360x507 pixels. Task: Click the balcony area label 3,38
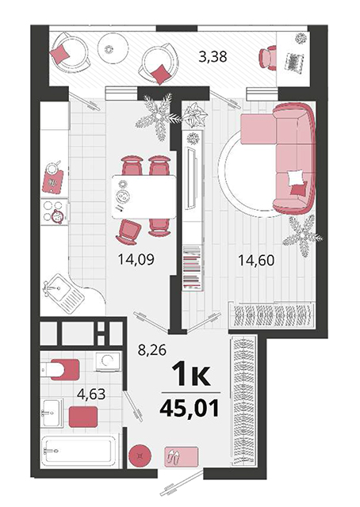point(213,56)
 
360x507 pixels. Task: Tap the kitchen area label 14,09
point(136,259)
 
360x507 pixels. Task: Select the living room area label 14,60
point(256,261)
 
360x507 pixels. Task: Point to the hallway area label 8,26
point(151,350)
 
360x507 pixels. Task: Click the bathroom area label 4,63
point(92,395)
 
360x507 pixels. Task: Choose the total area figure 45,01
point(190,409)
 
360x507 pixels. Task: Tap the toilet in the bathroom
point(60,369)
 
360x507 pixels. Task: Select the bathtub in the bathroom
point(79,450)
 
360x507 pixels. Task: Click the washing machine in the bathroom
point(108,361)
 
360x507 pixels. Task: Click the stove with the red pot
point(55,212)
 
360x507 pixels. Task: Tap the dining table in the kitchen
point(144,197)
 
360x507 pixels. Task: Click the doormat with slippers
point(181,456)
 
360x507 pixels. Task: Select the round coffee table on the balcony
point(113,48)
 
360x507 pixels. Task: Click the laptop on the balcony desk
point(294,62)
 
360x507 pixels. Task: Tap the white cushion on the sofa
point(295,178)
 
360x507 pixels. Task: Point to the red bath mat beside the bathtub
point(83,417)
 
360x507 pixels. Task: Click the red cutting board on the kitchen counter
point(53,181)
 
